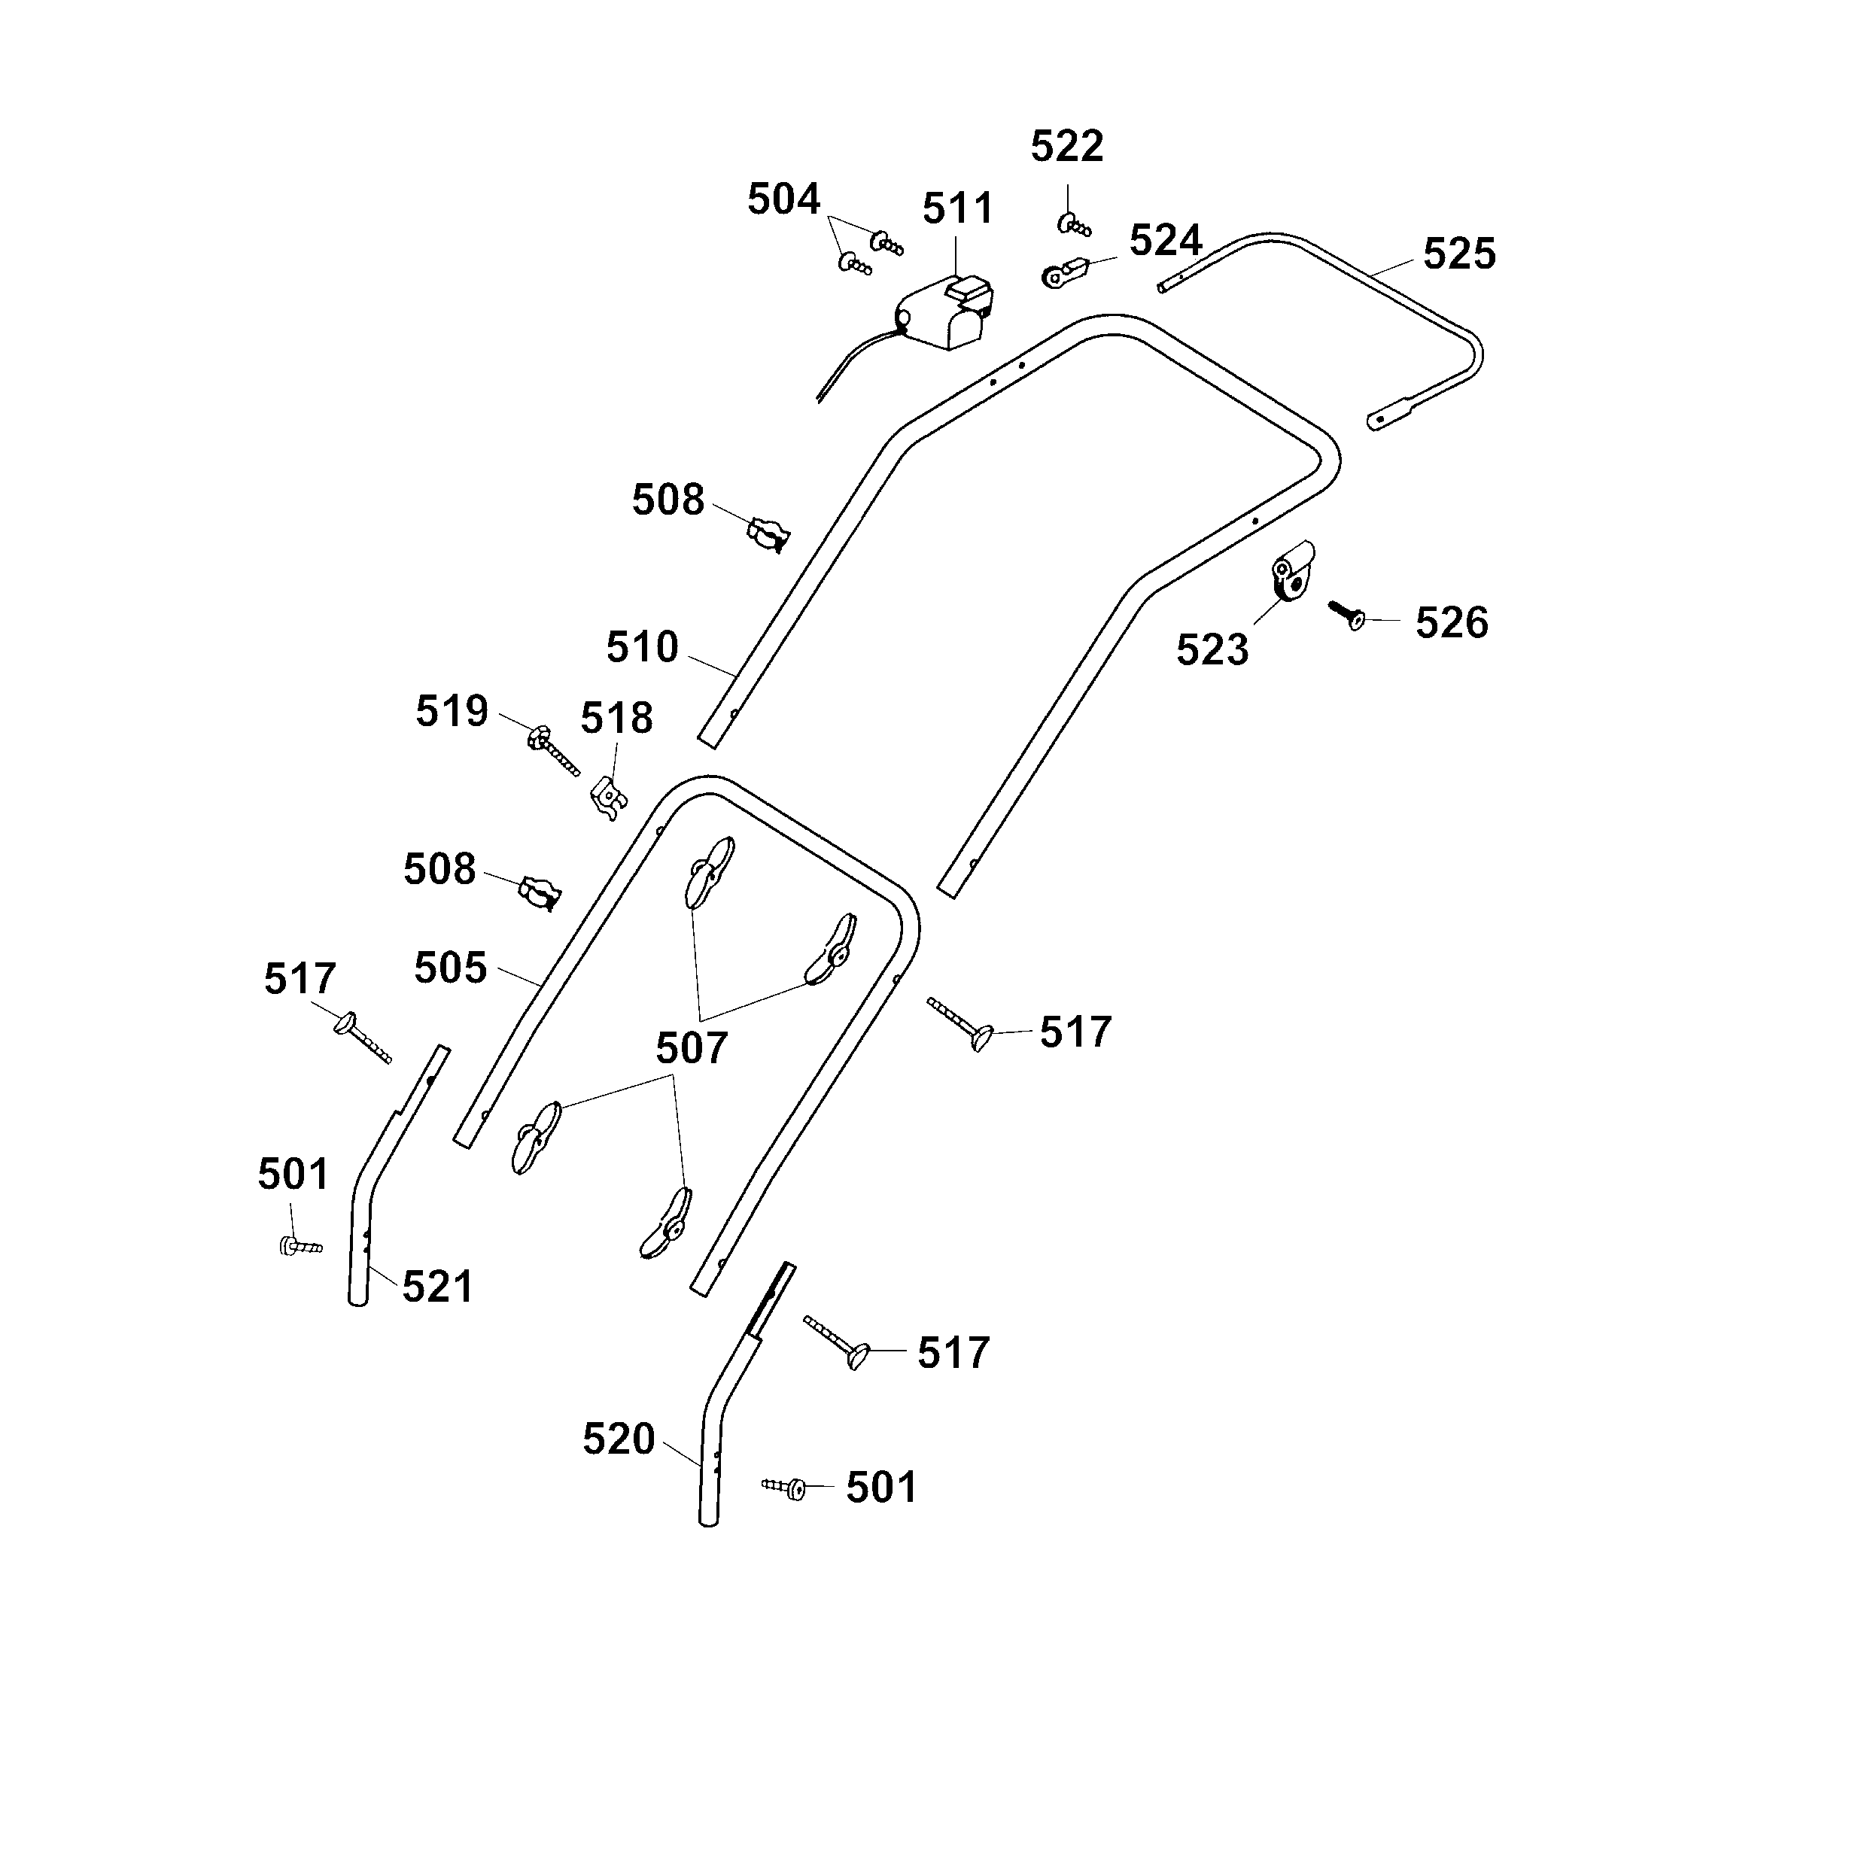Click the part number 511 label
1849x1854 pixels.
pos(956,208)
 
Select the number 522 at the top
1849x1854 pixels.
pos(1067,147)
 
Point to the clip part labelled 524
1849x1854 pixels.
pos(1063,273)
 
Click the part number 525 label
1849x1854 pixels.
pos(1458,254)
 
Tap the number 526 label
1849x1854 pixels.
pos(1451,623)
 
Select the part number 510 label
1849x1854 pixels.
pos(642,648)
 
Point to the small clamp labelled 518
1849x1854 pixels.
pos(607,797)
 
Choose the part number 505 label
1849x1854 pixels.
pos(450,968)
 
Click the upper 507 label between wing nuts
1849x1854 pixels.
pos(691,1048)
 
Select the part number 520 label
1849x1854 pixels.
pos(618,1439)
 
